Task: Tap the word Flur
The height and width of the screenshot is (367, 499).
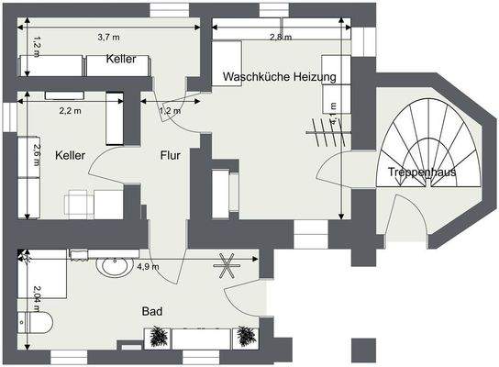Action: pos(170,155)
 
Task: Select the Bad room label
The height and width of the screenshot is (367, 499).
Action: pos(152,312)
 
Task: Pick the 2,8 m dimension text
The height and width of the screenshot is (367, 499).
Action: pos(281,37)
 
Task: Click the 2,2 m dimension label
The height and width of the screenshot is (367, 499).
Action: pos(71,110)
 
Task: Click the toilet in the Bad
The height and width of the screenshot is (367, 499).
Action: pos(36,322)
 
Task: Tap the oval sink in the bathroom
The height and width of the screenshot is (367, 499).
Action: pos(116,267)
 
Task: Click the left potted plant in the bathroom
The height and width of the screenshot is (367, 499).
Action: pos(159,337)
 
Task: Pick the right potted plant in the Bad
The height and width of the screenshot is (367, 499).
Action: pos(244,337)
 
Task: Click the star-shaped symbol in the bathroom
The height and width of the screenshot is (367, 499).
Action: pos(227,267)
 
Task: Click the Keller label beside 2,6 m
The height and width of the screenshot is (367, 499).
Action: pos(69,156)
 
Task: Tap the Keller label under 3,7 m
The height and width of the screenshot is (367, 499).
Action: pos(120,59)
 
